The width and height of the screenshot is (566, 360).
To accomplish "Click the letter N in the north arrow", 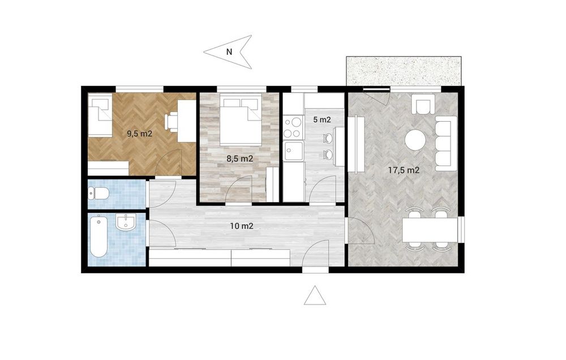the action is [x=229, y=52].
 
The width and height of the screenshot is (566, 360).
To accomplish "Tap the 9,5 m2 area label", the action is [x=139, y=134].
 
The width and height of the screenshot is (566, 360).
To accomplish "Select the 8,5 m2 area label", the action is [x=239, y=158].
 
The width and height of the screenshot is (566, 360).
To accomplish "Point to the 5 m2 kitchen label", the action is [x=322, y=120].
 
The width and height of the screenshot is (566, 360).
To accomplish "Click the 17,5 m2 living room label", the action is [x=404, y=170].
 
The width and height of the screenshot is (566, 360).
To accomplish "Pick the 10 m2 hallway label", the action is [x=242, y=226].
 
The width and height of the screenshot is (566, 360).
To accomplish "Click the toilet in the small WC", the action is [x=98, y=194].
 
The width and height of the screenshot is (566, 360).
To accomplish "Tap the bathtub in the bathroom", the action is [x=98, y=236].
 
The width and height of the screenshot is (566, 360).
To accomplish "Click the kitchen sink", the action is [x=293, y=151].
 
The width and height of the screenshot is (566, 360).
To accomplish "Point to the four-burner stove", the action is [x=293, y=127].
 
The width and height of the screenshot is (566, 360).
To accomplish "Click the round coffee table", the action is [x=415, y=140].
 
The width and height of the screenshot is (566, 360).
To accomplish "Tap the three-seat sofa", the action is [x=444, y=143].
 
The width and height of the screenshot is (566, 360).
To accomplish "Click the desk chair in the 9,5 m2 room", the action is [x=172, y=121].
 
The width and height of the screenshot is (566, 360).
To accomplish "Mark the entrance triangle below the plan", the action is [x=315, y=295].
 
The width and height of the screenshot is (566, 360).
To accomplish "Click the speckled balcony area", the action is [x=404, y=71].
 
